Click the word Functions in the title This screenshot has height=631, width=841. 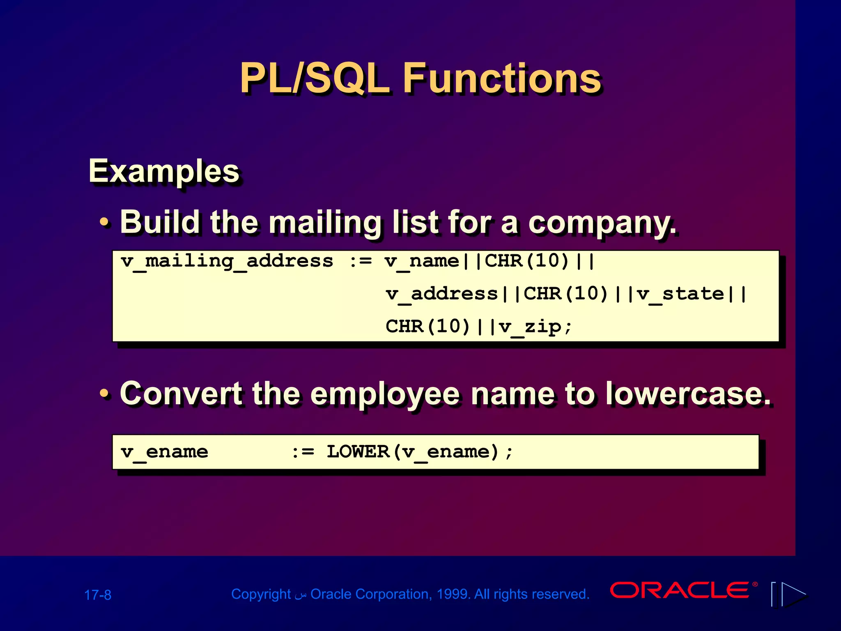(502, 78)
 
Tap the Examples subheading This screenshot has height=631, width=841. (164, 171)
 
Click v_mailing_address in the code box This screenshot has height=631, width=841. (227, 261)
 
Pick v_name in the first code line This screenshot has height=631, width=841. (421, 261)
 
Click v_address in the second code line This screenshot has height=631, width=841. (441, 294)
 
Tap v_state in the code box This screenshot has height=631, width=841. (680, 294)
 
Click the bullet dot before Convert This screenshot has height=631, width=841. (105, 394)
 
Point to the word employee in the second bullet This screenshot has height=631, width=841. (384, 394)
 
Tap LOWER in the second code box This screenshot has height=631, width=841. (358, 452)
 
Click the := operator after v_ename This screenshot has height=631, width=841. (303, 452)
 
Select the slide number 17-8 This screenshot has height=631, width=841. (98, 595)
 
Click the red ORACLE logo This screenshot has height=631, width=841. (680, 590)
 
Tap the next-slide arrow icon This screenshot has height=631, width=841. (793, 594)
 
